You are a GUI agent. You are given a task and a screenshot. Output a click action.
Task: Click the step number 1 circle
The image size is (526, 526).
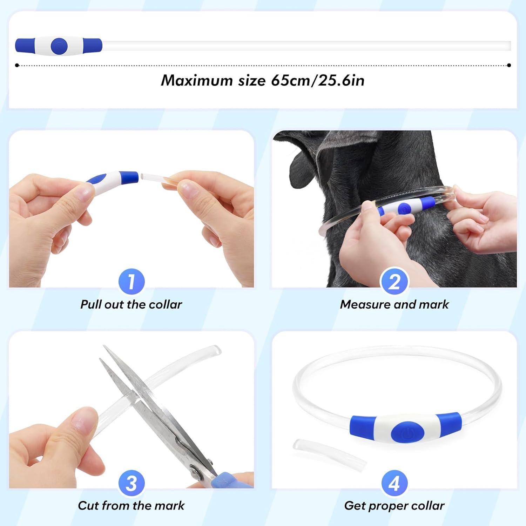tap(131, 282)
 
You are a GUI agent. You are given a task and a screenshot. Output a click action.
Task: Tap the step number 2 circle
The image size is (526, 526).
tap(394, 282)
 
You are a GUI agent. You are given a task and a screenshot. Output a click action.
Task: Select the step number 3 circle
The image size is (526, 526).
tap(131, 484)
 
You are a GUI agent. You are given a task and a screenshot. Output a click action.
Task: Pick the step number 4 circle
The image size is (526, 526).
tap(394, 484)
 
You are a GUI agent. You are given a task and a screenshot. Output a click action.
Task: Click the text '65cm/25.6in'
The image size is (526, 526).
tap(318, 81)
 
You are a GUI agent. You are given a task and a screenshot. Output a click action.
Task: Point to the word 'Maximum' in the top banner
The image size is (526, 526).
tap(197, 81)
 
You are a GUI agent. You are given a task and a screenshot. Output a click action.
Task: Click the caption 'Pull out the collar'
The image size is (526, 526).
tap(131, 304)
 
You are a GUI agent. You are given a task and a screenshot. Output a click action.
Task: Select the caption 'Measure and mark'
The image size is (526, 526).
tap(394, 304)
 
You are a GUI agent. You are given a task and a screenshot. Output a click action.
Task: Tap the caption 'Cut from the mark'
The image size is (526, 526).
tap(131, 506)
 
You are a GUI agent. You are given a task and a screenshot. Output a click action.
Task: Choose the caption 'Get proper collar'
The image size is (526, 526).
tap(394, 506)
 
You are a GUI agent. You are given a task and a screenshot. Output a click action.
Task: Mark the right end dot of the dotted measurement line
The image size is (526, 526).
tap(509, 65)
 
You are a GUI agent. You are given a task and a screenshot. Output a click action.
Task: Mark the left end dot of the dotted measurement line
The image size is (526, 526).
tap(17, 65)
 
